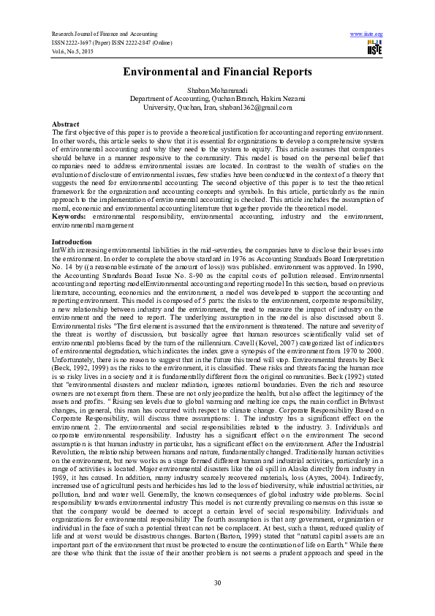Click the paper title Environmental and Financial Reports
pyautogui.click(x=217, y=72)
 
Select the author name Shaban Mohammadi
pyautogui.click(x=217, y=89)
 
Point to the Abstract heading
pyautogui.click(x=65, y=124)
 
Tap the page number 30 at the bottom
pyautogui.click(x=217, y=582)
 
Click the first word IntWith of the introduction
pyautogui.click(x=62, y=249)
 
